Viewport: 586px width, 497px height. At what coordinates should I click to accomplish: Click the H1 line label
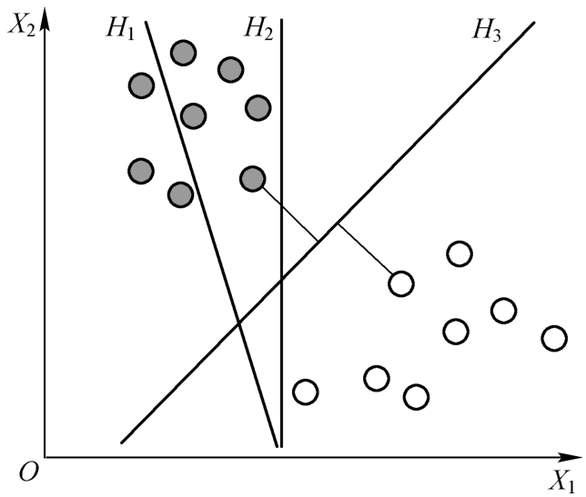pyautogui.click(x=119, y=30)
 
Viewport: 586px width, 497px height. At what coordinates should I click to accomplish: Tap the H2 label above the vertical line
pyautogui.click(x=258, y=29)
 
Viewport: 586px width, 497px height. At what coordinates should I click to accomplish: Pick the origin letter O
pyautogui.click(x=29, y=469)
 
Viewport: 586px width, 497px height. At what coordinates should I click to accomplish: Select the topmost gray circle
pyautogui.click(x=183, y=54)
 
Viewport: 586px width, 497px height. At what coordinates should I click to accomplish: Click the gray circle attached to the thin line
pyautogui.click(x=252, y=178)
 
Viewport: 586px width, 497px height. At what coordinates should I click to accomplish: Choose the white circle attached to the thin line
pyautogui.click(x=400, y=283)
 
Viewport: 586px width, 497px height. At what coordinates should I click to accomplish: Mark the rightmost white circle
pyautogui.click(x=553, y=338)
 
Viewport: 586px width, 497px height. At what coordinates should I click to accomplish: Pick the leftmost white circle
pyautogui.click(x=305, y=393)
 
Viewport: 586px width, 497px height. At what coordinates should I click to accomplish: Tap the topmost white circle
pyautogui.click(x=460, y=253)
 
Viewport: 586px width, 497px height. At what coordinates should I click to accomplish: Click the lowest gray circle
pyautogui.click(x=180, y=194)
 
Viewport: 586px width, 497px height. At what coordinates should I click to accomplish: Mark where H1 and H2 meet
pyautogui.click(x=278, y=445)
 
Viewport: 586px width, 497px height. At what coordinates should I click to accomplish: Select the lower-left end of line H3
pyautogui.click(x=121, y=442)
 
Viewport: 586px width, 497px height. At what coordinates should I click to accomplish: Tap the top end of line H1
pyautogui.click(x=147, y=21)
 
